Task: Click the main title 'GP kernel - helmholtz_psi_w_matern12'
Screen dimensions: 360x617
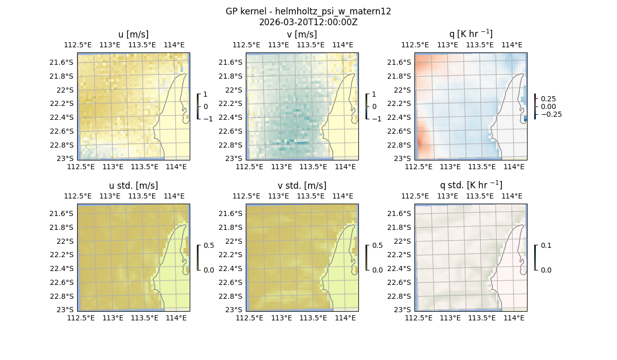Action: (x=308, y=11)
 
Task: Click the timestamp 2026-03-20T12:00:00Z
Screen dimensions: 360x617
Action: (x=308, y=22)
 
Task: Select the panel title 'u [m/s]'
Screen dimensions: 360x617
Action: (x=133, y=34)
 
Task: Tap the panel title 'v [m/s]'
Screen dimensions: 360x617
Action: (x=302, y=34)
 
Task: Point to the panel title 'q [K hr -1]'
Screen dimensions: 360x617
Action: (x=470, y=34)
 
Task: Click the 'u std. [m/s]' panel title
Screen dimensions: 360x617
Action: (x=133, y=186)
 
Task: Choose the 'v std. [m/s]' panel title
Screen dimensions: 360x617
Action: (x=302, y=186)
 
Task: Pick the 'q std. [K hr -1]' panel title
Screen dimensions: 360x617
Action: (x=470, y=185)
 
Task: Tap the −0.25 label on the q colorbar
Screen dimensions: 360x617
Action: (x=551, y=114)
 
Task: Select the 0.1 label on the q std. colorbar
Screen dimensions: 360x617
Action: (x=545, y=246)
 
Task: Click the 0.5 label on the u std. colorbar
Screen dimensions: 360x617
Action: (x=209, y=246)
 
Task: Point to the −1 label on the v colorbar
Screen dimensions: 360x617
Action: (x=377, y=118)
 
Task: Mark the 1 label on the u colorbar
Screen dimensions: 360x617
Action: (x=206, y=95)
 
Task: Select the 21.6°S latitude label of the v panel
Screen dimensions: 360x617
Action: (x=231, y=62)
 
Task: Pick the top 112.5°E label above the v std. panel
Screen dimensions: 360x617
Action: (x=247, y=196)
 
